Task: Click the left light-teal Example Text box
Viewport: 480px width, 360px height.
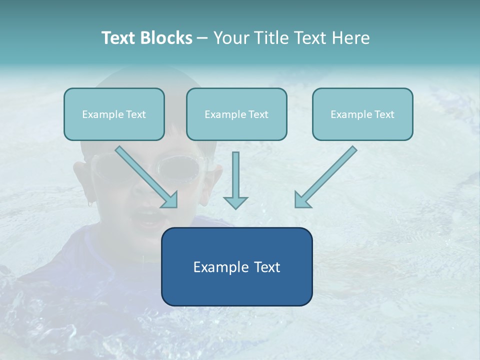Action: (114, 114)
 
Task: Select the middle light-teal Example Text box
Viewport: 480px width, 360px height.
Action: (236, 114)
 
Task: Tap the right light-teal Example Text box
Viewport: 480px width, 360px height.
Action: (362, 114)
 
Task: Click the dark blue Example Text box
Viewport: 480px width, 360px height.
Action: (236, 266)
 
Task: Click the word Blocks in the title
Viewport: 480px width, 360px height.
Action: (167, 38)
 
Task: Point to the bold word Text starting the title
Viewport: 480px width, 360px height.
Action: (120, 38)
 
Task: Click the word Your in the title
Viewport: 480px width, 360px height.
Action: (229, 38)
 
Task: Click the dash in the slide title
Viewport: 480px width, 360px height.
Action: (202, 38)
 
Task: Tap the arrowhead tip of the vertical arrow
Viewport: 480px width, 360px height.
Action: (235, 207)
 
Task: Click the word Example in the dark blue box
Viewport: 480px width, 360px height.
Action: (220, 267)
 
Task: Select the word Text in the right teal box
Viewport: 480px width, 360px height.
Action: (384, 114)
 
